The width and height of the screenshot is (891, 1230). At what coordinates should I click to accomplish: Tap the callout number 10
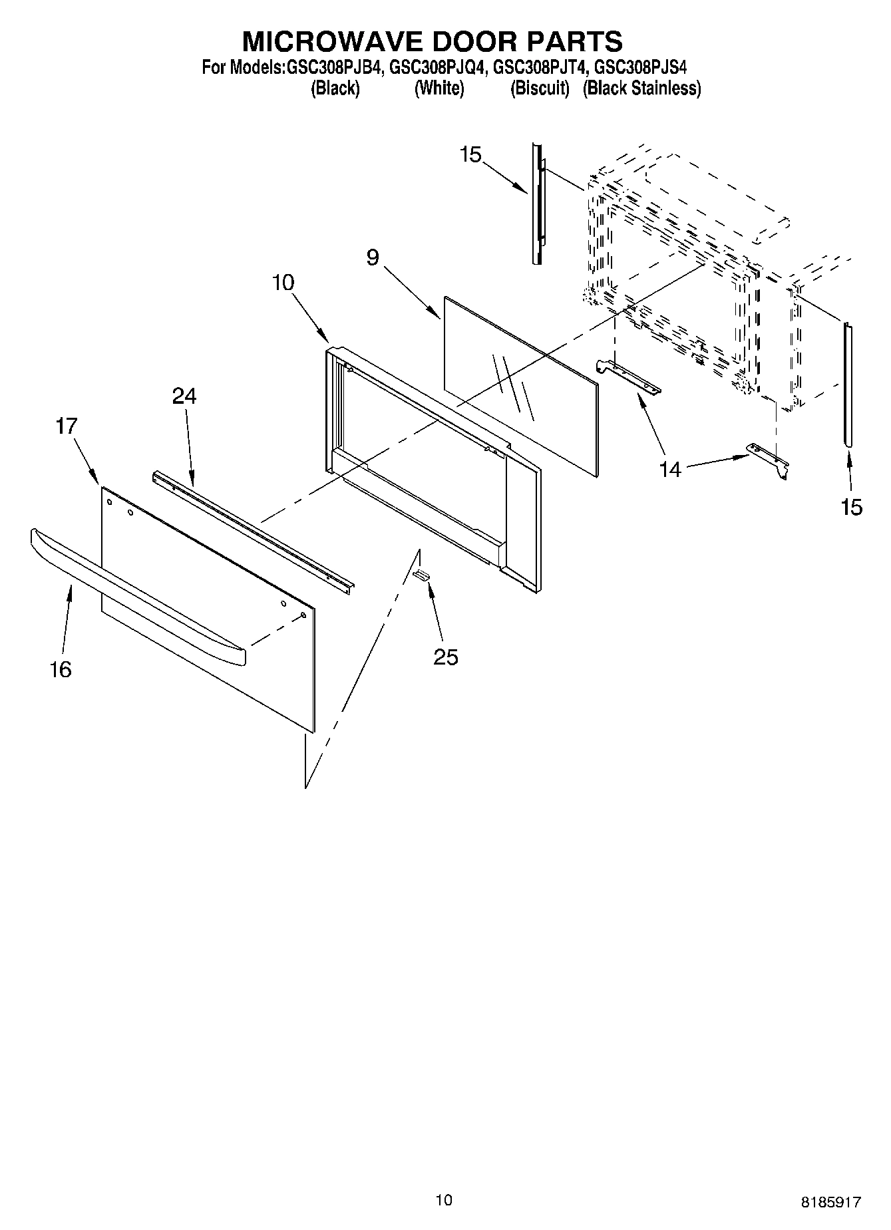click(283, 282)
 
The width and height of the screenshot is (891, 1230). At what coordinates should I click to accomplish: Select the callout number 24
click(184, 396)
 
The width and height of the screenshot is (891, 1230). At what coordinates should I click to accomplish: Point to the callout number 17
click(67, 426)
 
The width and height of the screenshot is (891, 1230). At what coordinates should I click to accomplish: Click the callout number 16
click(61, 669)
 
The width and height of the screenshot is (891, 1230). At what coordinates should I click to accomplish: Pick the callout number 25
click(446, 657)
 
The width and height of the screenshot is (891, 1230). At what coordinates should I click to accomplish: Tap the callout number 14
click(671, 470)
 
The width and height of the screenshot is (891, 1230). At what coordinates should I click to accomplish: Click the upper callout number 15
click(470, 155)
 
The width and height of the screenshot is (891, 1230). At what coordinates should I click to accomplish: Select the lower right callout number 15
click(851, 507)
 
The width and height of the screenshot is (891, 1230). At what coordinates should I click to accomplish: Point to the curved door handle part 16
click(133, 592)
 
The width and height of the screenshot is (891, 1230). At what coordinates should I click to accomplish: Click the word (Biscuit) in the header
click(540, 88)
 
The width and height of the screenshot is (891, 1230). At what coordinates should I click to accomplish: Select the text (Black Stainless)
click(641, 88)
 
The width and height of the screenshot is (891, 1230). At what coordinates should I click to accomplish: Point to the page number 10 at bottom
click(444, 1199)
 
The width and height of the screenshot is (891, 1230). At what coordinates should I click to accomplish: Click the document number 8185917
click(830, 1202)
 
